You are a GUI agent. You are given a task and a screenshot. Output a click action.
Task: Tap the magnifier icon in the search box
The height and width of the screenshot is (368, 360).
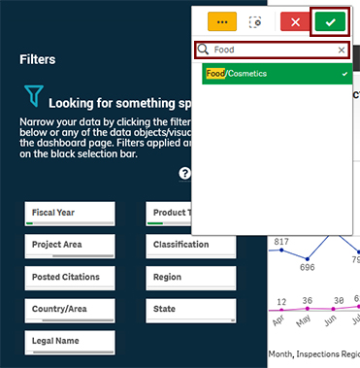[204, 50]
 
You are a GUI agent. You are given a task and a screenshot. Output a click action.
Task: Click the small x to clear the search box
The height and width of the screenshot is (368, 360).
[342, 50]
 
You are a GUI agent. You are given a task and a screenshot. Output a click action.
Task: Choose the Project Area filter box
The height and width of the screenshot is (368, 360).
[71, 246]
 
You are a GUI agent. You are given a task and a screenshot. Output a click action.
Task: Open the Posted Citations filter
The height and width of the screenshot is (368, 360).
[71, 278]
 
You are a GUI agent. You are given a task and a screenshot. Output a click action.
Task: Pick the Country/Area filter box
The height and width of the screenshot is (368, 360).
[71, 310]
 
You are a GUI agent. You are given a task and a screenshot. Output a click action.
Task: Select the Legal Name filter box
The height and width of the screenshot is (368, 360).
[71, 342]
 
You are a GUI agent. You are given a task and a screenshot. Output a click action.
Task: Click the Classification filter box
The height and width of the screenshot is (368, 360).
[190, 246]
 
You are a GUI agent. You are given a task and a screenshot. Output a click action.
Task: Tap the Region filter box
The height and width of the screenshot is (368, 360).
[190, 278]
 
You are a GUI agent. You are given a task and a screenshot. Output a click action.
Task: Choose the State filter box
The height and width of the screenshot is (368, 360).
[190, 310]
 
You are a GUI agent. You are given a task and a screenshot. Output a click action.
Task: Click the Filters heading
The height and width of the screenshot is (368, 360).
[37, 59]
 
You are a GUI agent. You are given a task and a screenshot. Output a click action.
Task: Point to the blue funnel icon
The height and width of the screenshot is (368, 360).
[34, 95]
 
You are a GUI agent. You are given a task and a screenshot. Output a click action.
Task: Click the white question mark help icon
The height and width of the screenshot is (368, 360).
[185, 174]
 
